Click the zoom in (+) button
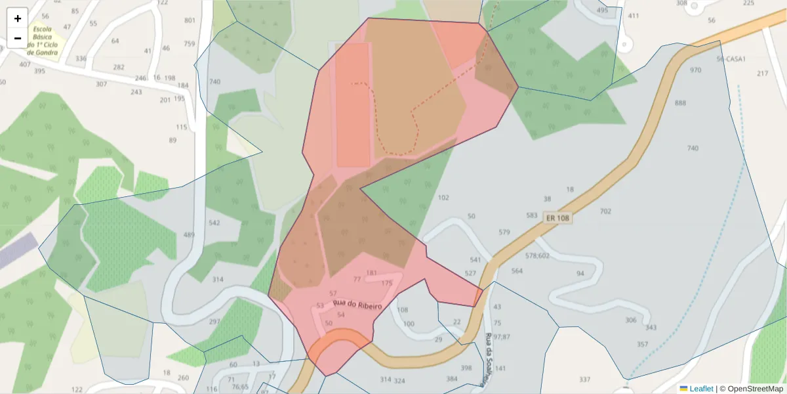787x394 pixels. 17,18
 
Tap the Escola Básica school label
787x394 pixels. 42,41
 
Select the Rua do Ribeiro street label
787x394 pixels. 357,304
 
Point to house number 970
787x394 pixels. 695,70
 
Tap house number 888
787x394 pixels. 680,103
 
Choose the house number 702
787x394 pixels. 605,211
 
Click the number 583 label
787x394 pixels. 532,215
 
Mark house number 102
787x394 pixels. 443,198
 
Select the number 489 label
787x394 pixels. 189,235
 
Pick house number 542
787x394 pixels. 214,223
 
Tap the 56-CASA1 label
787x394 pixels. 731,58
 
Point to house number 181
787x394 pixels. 372,273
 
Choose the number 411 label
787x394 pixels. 634,16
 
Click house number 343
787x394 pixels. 651,327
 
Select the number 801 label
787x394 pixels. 190,20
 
